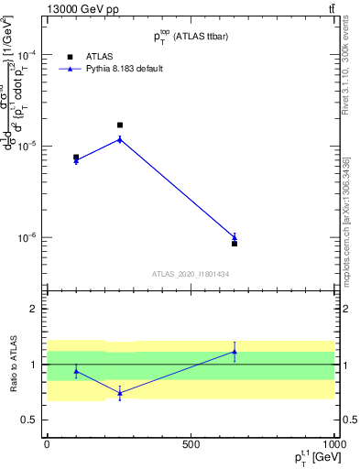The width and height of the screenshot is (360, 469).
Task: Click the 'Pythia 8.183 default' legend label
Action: pyautogui.click(x=125, y=69)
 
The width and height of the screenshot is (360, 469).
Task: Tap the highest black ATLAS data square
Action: pyautogui.click(x=120, y=125)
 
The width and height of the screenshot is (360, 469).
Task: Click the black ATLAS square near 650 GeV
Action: pyautogui.click(x=235, y=244)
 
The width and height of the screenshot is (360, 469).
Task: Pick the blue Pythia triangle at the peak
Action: pyautogui.click(x=120, y=139)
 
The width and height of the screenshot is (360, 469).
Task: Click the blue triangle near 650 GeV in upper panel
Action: pyautogui.click(x=235, y=237)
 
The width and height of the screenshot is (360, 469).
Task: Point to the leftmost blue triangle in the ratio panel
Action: pyautogui.click(x=76, y=371)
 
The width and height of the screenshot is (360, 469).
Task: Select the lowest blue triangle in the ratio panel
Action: pyautogui.click(x=120, y=393)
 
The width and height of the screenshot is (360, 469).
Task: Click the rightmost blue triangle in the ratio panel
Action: pyautogui.click(x=235, y=351)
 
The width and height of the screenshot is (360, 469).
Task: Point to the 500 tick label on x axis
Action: pyautogui.click(x=191, y=444)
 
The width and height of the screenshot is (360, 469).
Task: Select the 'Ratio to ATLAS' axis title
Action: pyautogui.click(x=13, y=365)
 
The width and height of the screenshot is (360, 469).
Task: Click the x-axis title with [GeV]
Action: pyautogui.click(x=307, y=458)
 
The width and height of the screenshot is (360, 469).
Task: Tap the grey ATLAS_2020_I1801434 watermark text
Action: pyautogui.click(x=191, y=274)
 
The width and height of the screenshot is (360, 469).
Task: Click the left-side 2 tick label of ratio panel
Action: pyautogui.click(x=34, y=309)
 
